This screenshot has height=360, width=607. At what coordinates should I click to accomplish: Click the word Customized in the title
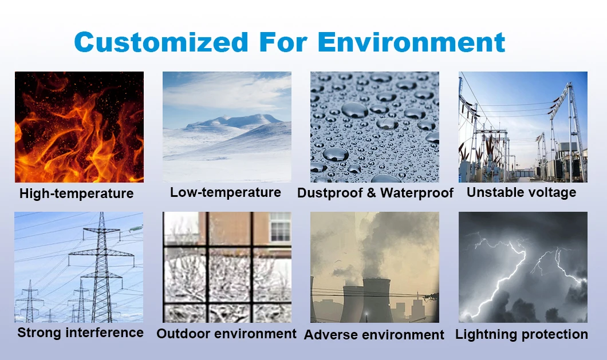click(161, 42)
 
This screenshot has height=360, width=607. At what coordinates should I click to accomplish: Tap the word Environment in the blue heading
click(412, 42)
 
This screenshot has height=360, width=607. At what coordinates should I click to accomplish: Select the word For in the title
click(283, 42)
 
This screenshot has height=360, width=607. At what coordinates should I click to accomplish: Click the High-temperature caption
click(77, 193)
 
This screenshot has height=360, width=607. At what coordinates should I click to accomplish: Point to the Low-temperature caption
click(226, 192)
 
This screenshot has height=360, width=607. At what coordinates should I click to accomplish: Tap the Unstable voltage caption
click(522, 192)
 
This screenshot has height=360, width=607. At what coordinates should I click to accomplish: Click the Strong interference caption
click(81, 333)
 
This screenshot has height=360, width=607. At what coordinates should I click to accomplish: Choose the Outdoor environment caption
click(226, 334)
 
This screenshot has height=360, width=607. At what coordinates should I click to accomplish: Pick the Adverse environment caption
click(374, 335)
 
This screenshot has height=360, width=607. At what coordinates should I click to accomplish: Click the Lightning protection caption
click(522, 334)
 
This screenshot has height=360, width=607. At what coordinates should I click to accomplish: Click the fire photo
click(80, 127)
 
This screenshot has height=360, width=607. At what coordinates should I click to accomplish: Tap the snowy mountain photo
click(227, 127)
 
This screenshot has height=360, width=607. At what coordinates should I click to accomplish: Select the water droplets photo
click(375, 127)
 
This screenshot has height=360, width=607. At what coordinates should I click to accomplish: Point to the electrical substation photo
click(523, 127)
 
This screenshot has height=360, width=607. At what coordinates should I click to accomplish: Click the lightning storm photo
click(523, 267)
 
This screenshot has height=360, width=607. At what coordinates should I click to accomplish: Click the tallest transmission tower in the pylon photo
click(101, 267)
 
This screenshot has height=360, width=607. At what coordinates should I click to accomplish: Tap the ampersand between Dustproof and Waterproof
click(371, 193)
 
